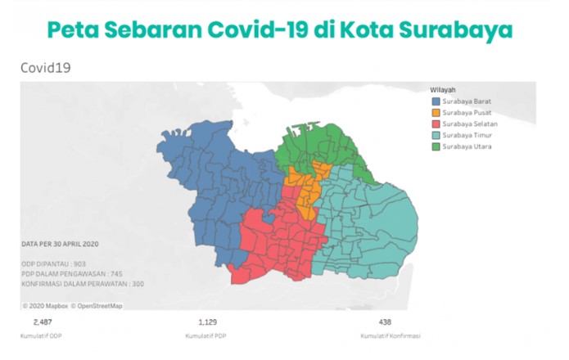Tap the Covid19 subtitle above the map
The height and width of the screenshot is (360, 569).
(45, 68)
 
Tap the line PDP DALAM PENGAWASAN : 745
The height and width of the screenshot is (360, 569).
(72, 273)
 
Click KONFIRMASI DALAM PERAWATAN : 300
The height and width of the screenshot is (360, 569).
(82, 283)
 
